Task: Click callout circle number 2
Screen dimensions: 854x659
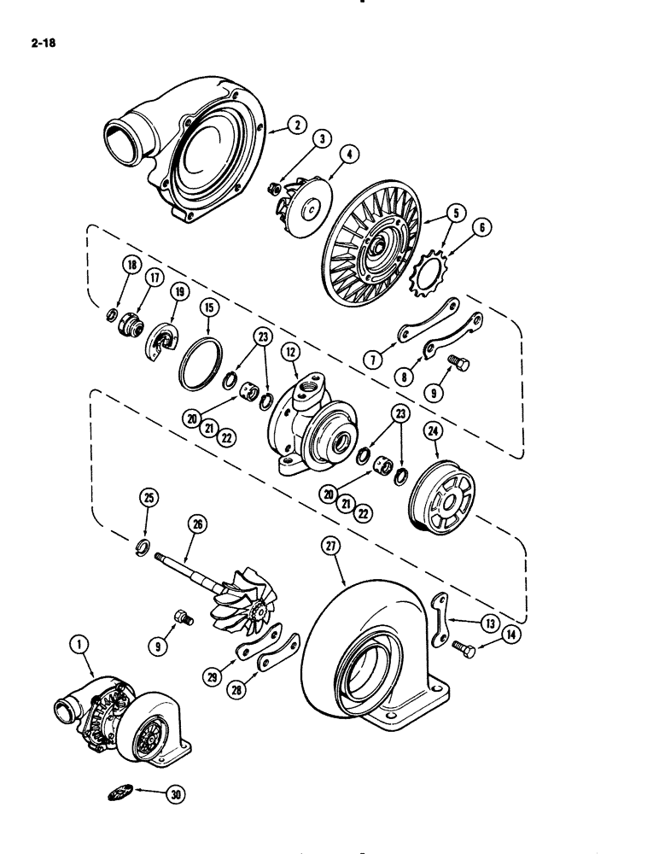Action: [x=297, y=125]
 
